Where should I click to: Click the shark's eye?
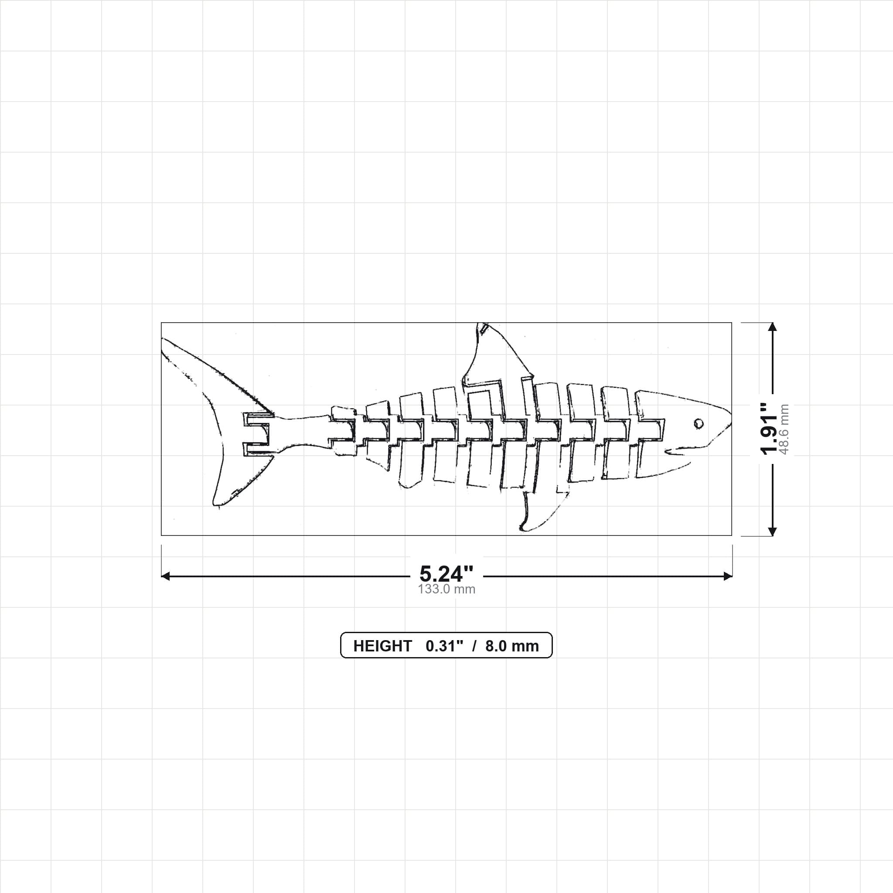tap(699, 423)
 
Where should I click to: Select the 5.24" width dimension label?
tap(446, 574)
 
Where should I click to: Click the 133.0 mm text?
tap(446, 590)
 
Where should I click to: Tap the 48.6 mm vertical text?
tap(784, 429)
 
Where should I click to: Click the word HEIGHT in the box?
tap(382, 646)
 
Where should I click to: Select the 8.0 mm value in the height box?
tap(512, 646)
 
